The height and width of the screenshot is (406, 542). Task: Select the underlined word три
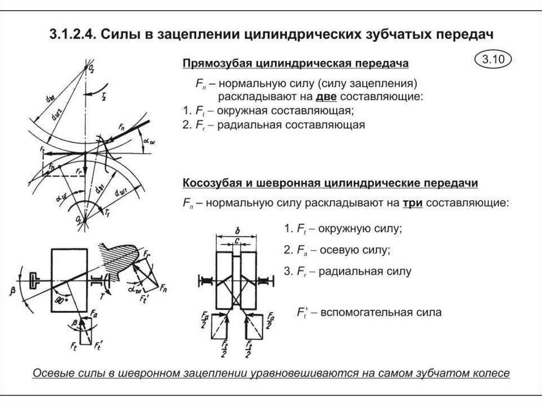point(411,203)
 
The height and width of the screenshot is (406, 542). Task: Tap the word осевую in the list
point(335,250)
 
